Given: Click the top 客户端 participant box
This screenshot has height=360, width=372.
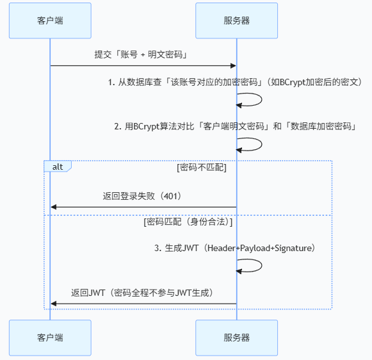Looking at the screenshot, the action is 50,20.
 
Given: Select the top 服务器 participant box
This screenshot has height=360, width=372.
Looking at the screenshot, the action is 236,20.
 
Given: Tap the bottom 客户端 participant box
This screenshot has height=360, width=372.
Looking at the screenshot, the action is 50,338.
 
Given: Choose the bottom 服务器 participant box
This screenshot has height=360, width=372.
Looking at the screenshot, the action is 236,338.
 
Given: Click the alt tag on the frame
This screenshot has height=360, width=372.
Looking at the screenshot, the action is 58,167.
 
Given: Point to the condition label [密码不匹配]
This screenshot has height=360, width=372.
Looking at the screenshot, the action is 202,167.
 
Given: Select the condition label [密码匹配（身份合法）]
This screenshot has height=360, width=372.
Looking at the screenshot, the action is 188,222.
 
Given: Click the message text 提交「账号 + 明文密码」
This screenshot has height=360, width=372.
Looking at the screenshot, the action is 141,54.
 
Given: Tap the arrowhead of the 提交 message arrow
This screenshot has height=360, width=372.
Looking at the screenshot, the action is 234,66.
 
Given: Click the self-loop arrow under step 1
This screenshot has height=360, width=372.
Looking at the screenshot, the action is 262,99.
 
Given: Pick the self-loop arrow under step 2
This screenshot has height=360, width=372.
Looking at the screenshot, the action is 262,144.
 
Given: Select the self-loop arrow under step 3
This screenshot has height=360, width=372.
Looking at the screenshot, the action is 262,265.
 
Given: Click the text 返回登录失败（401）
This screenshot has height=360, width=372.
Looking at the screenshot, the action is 142,196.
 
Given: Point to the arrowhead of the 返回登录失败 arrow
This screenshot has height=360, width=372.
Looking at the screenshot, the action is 54,207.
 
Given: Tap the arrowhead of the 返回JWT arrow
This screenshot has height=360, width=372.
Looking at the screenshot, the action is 54,304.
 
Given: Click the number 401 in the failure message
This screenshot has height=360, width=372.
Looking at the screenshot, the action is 170,196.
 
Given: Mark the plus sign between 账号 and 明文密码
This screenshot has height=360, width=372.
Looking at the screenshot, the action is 143,55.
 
